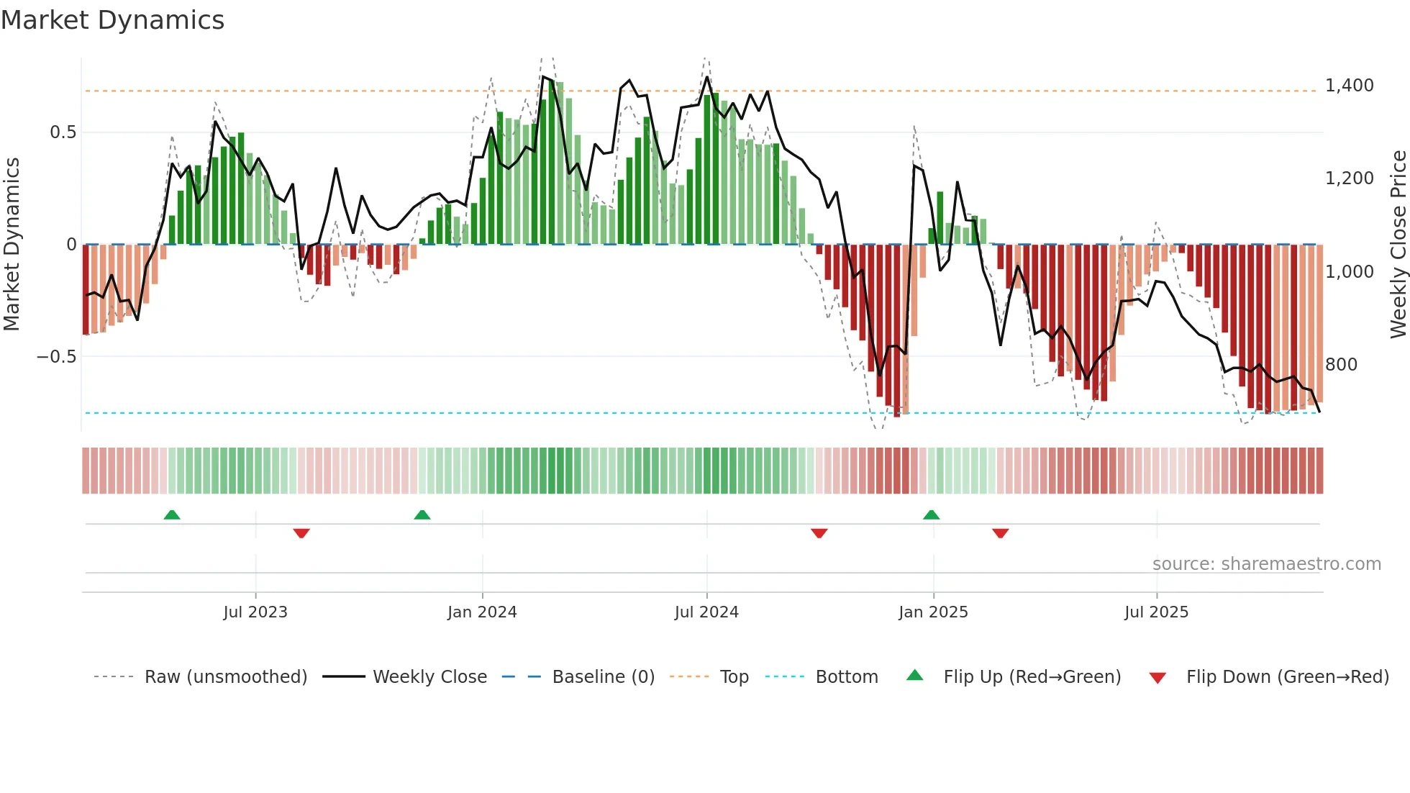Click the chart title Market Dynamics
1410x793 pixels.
point(113,20)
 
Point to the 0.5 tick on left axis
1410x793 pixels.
point(63,132)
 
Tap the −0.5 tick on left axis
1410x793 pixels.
point(56,357)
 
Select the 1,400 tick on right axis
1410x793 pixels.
point(1349,86)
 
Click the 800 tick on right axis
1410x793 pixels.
point(1341,365)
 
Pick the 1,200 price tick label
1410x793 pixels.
point(1349,178)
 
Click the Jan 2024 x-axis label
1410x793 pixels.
point(482,612)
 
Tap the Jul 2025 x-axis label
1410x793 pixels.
point(1156,612)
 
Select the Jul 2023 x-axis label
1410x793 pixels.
point(255,612)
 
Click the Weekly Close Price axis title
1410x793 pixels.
point(1398,244)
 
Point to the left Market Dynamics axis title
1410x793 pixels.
point(12,244)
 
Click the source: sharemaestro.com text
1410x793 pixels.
point(1266,564)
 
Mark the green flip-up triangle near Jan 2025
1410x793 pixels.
point(931,515)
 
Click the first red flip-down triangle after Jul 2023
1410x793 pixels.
point(301,533)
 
